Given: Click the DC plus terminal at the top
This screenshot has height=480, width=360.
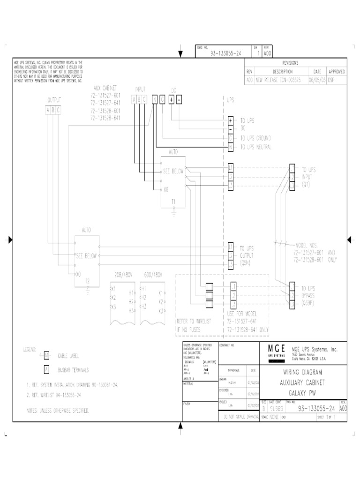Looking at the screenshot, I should click(171, 99).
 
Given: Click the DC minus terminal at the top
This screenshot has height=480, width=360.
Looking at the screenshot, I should click(179, 99).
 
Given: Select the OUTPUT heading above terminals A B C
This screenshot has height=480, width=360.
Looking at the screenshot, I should click(54, 99).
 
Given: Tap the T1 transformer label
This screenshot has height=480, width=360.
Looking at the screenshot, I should click(173, 201).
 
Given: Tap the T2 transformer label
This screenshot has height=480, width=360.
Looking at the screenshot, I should click(87, 280).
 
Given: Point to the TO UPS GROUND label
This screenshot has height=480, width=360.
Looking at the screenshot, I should click(255, 138).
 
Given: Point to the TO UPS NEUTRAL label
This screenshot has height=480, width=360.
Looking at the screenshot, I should click(256, 147).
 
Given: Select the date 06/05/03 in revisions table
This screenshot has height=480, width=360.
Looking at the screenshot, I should click(317, 80).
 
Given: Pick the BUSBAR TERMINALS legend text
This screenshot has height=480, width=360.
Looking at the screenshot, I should click(73, 370).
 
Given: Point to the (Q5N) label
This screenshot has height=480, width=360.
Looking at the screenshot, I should click(247, 264).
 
